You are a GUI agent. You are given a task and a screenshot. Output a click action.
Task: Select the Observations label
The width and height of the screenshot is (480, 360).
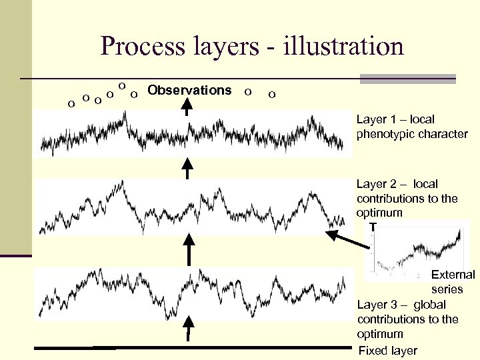pos(189,90)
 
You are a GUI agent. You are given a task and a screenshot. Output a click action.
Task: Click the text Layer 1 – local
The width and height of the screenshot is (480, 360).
pos(395,119)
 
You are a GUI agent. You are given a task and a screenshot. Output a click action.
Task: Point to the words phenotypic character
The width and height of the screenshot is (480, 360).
pos(412,134)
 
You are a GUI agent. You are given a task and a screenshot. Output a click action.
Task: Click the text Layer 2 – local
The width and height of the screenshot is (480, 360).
pos(397,183)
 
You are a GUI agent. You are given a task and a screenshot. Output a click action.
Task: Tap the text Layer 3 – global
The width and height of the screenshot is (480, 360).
pos(401,305)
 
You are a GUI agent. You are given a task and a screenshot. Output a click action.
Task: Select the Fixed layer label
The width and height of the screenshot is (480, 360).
pos(388,351)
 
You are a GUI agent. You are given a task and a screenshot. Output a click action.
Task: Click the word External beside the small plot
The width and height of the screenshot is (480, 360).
pos(453,275)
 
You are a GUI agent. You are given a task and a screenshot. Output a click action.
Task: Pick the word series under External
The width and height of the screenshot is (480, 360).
pos(447,289)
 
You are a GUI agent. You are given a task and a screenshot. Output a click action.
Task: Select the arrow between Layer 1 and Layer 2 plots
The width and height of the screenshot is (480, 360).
pos(189,168)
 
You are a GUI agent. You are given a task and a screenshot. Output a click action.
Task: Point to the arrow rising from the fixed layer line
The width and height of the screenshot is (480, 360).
pos(189,331)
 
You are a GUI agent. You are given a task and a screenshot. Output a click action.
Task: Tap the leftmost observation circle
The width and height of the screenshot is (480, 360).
pos(71,103)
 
